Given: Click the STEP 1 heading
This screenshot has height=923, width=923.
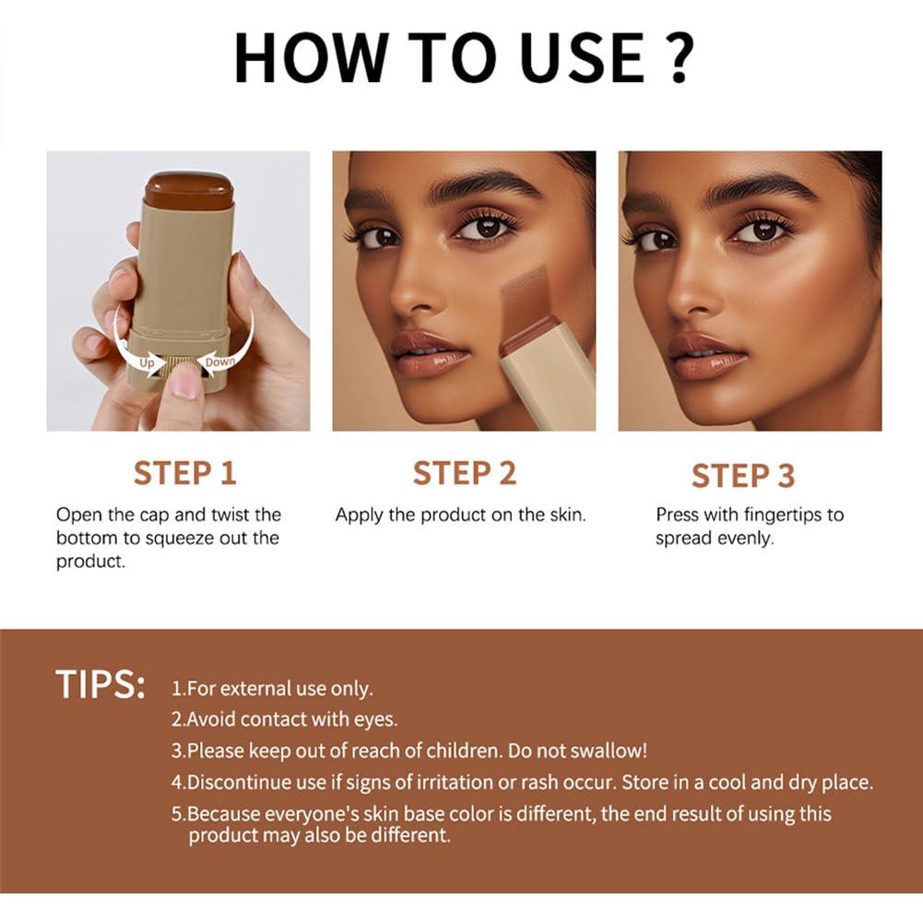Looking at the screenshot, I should pyautogui.click(x=185, y=473).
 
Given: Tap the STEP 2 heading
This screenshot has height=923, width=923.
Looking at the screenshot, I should pyautogui.click(x=464, y=473).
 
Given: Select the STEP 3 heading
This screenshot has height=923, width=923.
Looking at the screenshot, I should pyautogui.click(x=742, y=476).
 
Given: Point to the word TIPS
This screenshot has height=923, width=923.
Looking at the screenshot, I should pyautogui.click(x=100, y=685).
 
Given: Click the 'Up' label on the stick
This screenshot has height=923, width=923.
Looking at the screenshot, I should pyautogui.click(x=147, y=362).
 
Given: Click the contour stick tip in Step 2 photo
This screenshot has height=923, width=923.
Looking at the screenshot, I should pyautogui.click(x=527, y=309).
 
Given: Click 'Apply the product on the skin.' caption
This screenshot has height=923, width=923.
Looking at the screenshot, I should pyautogui.click(x=460, y=515).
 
